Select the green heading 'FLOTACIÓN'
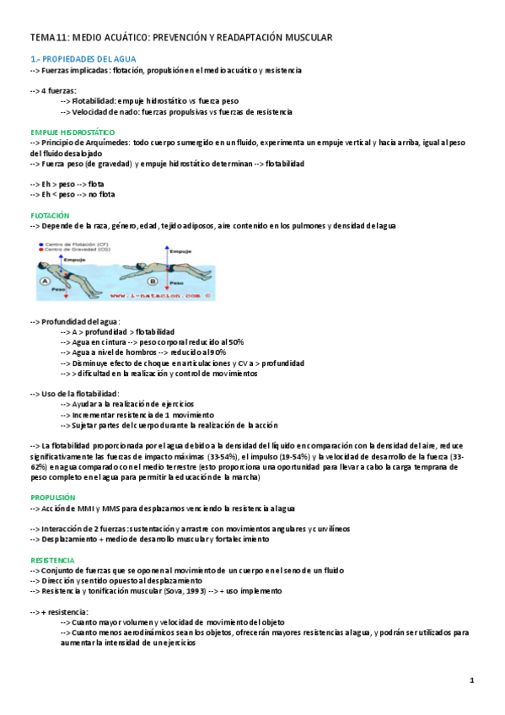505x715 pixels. pyautogui.click(x=49, y=215)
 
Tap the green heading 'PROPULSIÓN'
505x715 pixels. pyautogui.click(x=52, y=497)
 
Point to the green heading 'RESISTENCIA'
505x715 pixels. pyautogui.click(x=52, y=560)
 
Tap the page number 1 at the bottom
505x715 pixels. pyautogui.click(x=472, y=680)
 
